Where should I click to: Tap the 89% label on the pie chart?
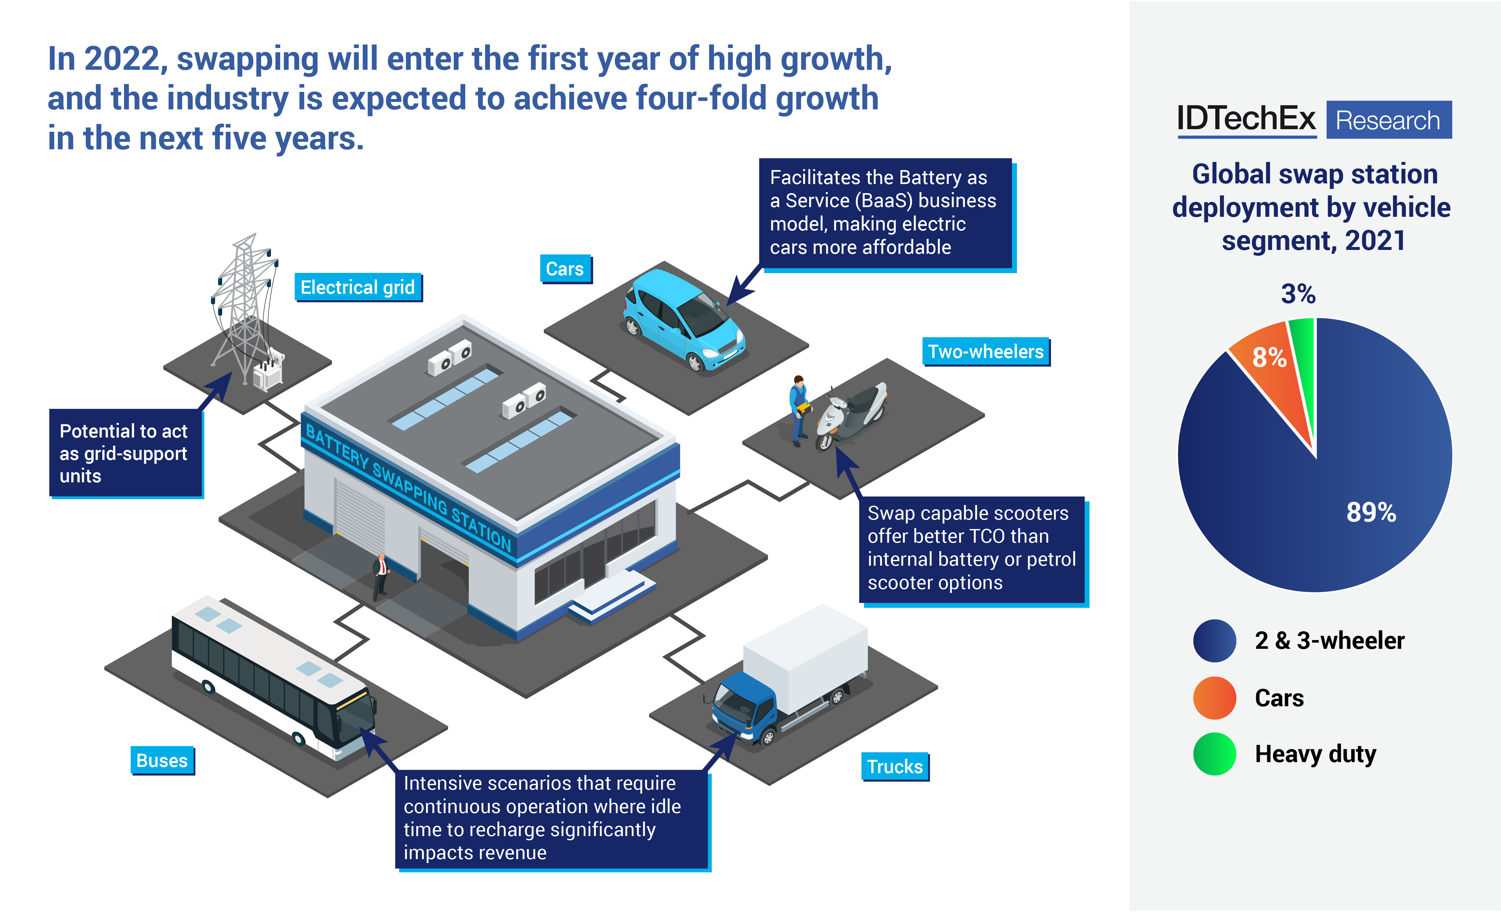pyautogui.click(x=1370, y=512)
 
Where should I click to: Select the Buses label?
pyautogui.click(x=162, y=760)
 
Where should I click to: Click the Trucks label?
pyautogui.click(x=894, y=766)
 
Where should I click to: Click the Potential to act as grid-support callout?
pyautogui.click(x=125, y=453)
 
